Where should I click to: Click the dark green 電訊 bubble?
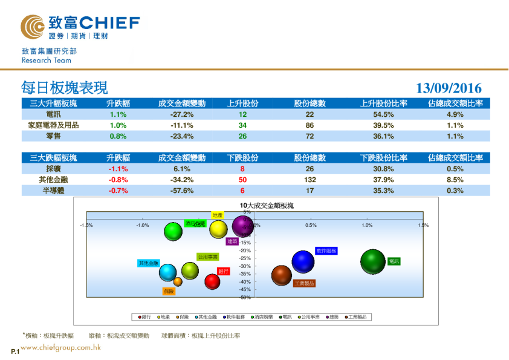(373, 261)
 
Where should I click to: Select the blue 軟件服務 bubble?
(303, 261)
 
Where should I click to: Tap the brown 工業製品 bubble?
(281, 276)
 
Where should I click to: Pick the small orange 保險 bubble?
(178, 281)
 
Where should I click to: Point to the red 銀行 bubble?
(212, 281)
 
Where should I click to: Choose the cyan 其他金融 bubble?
(168, 272)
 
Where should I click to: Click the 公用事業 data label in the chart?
(207, 257)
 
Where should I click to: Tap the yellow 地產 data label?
(218, 215)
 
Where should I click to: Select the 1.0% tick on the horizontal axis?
(367, 225)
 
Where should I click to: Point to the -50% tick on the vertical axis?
(245, 297)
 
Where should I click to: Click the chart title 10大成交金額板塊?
(267, 206)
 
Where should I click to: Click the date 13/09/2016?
(449, 88)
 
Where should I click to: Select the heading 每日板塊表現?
(64, 88)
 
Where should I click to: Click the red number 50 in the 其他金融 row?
(242, 180)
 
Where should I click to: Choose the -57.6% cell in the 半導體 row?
(182, 191)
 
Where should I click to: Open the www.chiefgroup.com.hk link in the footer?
(60, 347)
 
